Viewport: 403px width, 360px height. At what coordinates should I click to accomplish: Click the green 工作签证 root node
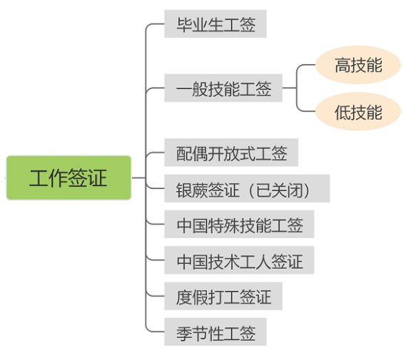point(68,178)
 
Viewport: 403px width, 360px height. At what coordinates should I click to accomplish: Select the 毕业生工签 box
point(215,26)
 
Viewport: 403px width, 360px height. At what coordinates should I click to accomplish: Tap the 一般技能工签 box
point(223,90)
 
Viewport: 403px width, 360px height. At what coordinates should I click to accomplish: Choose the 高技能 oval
point(358,66)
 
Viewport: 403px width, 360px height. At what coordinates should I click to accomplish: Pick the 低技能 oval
point(358,112)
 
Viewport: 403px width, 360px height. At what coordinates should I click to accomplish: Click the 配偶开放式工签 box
point(231,153)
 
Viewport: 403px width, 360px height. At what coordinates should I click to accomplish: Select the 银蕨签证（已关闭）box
point(247,190)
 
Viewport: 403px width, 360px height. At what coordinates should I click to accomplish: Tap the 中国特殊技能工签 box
point(239,225)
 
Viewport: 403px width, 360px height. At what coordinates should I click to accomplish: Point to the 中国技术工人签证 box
point(239,261)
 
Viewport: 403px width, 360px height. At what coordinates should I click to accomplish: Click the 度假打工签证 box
point(223,297)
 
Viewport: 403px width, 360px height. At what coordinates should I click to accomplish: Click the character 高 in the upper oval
point(342,66)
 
